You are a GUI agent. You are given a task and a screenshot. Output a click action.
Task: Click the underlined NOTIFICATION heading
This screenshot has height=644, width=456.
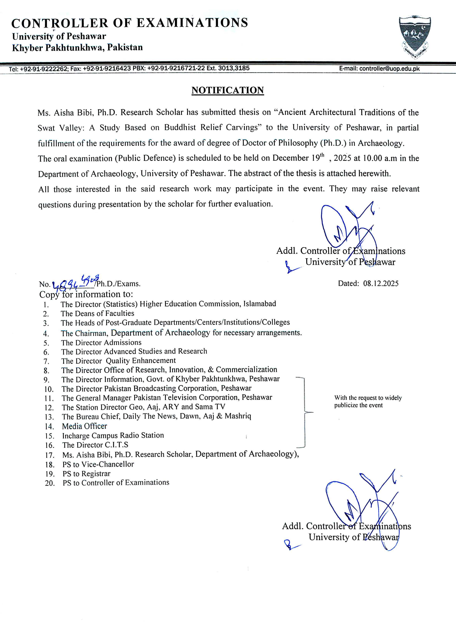click(228, 90)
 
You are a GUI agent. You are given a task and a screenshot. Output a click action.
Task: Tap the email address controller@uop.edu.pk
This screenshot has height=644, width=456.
click(389, 68)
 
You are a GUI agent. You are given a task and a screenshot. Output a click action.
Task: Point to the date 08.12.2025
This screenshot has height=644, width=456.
click(381, 283)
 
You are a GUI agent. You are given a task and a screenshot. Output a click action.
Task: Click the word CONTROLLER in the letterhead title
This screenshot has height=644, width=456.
click(60, 23)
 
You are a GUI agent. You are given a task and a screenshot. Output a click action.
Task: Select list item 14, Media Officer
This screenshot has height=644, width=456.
click(84, 426)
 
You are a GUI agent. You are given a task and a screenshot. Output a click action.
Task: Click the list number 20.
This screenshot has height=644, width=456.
click(50, 483)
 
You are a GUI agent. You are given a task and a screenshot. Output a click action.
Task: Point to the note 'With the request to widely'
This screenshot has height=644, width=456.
click(368, 398)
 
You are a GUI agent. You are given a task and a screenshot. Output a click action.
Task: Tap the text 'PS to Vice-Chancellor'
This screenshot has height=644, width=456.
click(98, 464)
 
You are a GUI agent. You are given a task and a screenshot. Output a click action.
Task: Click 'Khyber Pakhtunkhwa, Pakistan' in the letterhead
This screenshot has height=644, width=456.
click(77, 47)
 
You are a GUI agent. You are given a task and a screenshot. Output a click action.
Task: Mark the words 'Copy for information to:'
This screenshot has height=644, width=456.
click(86, 294)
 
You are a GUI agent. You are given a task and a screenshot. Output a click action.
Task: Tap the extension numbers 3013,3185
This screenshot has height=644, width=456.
click(233, 68)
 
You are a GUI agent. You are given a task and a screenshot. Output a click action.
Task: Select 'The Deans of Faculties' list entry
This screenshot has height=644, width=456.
click(97, 313)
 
